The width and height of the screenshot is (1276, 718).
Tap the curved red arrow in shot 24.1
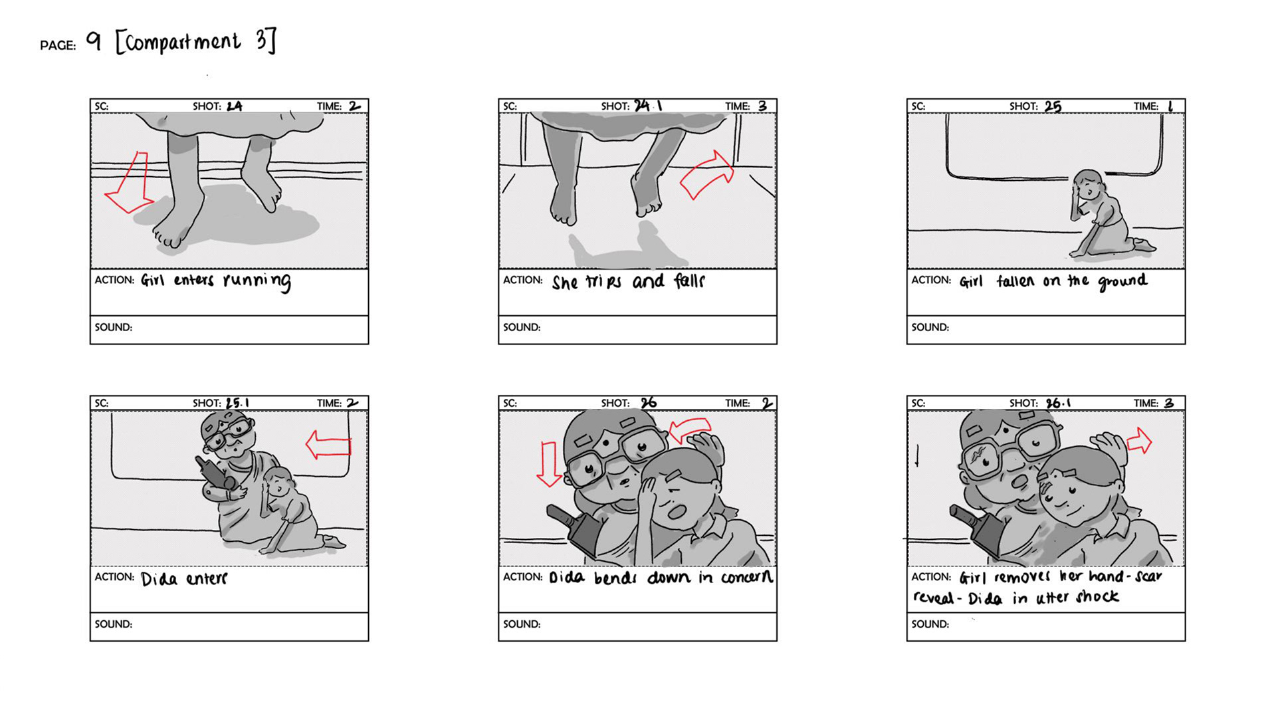(x=707, y=174)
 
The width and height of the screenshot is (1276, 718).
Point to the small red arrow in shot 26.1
(x=1140, y=440)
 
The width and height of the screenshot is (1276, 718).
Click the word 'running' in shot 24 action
(x=257, y=281)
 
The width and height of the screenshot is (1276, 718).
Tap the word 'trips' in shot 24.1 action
(x=603, y=282)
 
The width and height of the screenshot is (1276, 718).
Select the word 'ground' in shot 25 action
(x=1122, y=282)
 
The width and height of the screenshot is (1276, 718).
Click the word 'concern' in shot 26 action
(x=747, y=577)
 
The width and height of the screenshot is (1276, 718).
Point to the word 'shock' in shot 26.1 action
(x=1097, y=596)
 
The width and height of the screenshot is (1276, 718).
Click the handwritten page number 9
(x=94, y=41)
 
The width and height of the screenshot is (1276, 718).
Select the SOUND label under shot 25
(x=930, y=327)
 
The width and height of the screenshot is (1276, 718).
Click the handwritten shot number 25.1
(x=237, y=403)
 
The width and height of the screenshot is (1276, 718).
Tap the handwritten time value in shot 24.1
(x=762, y=106)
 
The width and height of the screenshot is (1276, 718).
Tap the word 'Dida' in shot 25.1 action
(x=159, y=578)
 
